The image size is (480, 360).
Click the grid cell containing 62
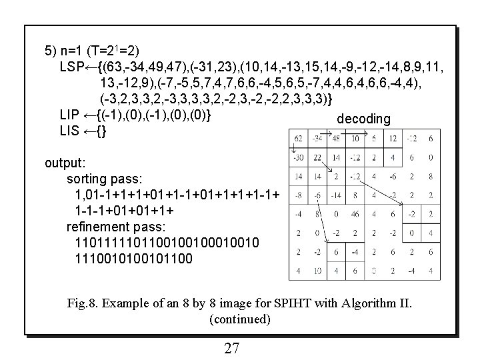tap(299, 139)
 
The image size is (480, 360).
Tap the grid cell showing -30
tap(299, 158)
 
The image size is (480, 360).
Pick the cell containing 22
tap(317, 158)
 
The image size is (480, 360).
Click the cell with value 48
tap(336, 139)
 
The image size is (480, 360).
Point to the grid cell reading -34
tap(317, 139)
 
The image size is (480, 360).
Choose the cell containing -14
tap(336, 196)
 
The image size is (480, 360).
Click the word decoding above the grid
tap(363, 119)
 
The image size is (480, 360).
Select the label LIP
tap(70, 115)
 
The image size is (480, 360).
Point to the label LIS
tap(70, 131)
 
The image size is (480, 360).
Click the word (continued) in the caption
tap(240, 319)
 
